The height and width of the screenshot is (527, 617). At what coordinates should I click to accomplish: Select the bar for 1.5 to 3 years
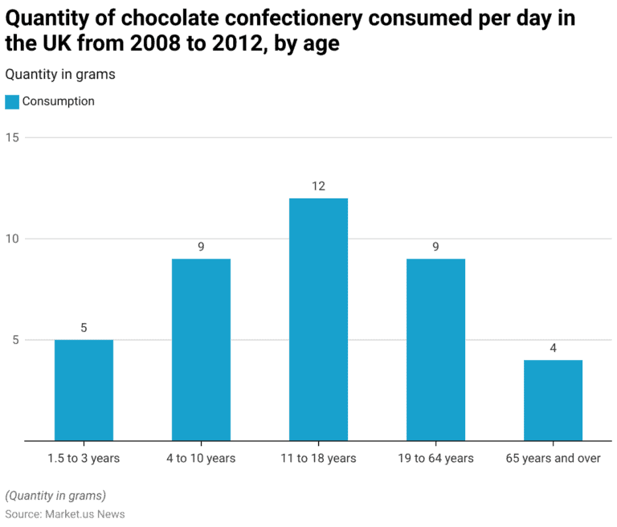(x=84, y=390)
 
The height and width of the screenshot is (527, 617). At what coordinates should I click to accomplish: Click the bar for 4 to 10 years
(x=201, y=349)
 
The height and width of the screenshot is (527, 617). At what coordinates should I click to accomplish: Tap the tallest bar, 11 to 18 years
(x=318, y=320)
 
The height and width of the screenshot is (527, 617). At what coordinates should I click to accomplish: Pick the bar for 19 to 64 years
(x=435, y=349)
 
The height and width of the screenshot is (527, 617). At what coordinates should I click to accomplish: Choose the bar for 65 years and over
(x=553, y=400)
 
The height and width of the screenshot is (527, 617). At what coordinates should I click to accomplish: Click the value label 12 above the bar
(x=318, y=186)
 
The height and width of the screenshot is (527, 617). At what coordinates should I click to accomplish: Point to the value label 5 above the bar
(x=84, y=328)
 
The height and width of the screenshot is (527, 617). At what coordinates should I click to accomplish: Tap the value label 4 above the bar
(x=553, y=348)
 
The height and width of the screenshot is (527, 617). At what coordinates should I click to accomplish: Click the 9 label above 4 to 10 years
(x=201, y=247)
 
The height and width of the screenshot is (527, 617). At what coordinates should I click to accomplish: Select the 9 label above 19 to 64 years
(x=435, y=247)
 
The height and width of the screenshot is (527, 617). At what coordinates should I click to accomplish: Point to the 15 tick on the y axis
(x=12, y=137)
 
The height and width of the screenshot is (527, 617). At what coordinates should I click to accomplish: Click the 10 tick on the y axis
(x=12, y=239)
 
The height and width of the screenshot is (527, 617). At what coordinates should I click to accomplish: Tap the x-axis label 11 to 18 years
(x=318, y=459)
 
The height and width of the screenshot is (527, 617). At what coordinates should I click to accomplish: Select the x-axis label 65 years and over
(x=553, y=459)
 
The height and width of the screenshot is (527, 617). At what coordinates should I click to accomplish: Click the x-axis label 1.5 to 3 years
(x=84, y=459)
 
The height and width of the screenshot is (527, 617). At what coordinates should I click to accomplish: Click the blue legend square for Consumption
(x=12, y=102)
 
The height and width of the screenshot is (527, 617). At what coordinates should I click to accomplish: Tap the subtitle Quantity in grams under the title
(x=60, y=75)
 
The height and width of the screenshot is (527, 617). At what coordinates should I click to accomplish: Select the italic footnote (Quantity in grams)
(x=55, y=496)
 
